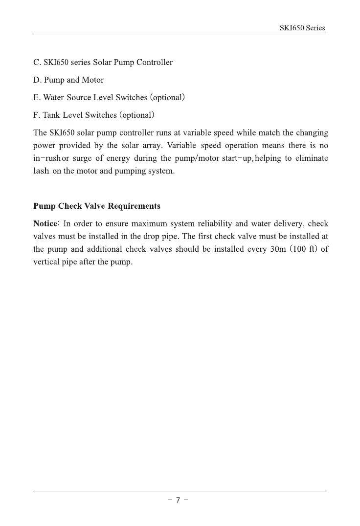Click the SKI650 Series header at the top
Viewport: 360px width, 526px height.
tap(302, 28)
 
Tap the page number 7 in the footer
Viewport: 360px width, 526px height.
tap(179, 500)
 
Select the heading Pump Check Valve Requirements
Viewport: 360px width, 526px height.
tap(97, 206)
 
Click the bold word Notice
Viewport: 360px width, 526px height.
tap(45, 224)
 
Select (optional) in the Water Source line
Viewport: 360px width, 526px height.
tap(167, 97)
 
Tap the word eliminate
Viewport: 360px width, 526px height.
tap(312, 159)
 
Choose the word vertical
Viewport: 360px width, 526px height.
tap(46, 262)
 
